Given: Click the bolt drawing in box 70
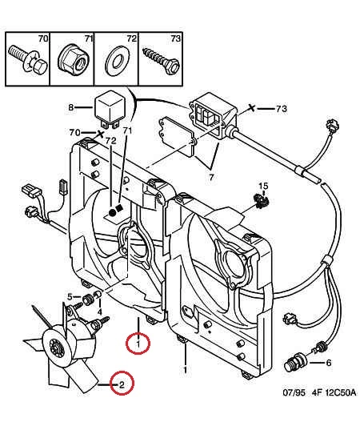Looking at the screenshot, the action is [x=28, y=61].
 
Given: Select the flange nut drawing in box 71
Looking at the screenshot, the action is [x=73, y=60].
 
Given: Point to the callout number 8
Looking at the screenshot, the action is [x=71, y=107].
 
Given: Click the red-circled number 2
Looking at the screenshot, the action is [x=122, y=384].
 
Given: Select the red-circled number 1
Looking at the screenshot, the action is [x=138, y=344].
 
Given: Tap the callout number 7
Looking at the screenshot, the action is [x=211, y=178].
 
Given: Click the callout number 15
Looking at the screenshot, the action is [x=263, y=186].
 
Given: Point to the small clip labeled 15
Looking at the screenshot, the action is [x=261, y=201].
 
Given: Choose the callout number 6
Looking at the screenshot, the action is [x=329, y=363].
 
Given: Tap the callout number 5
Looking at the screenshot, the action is [x=70, y=297].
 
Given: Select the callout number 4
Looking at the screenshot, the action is [x=100, y=312].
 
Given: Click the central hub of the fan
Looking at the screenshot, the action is [x=56, y=348].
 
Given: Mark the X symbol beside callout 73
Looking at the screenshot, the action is [x=252, y=108].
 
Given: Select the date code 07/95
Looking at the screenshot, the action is [x=294, y=392].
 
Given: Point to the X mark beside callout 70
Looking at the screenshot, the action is [x=101, y=134].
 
